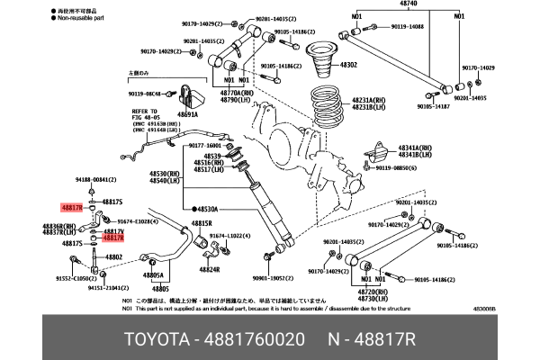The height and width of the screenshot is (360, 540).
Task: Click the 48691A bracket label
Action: coord(187,114)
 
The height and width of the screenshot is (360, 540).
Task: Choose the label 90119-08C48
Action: coord(149,93)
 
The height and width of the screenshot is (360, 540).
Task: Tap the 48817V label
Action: coord(113,230)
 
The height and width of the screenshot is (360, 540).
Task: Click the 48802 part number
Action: coord(113,256)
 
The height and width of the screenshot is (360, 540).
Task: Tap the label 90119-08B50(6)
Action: coord(398,166)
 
